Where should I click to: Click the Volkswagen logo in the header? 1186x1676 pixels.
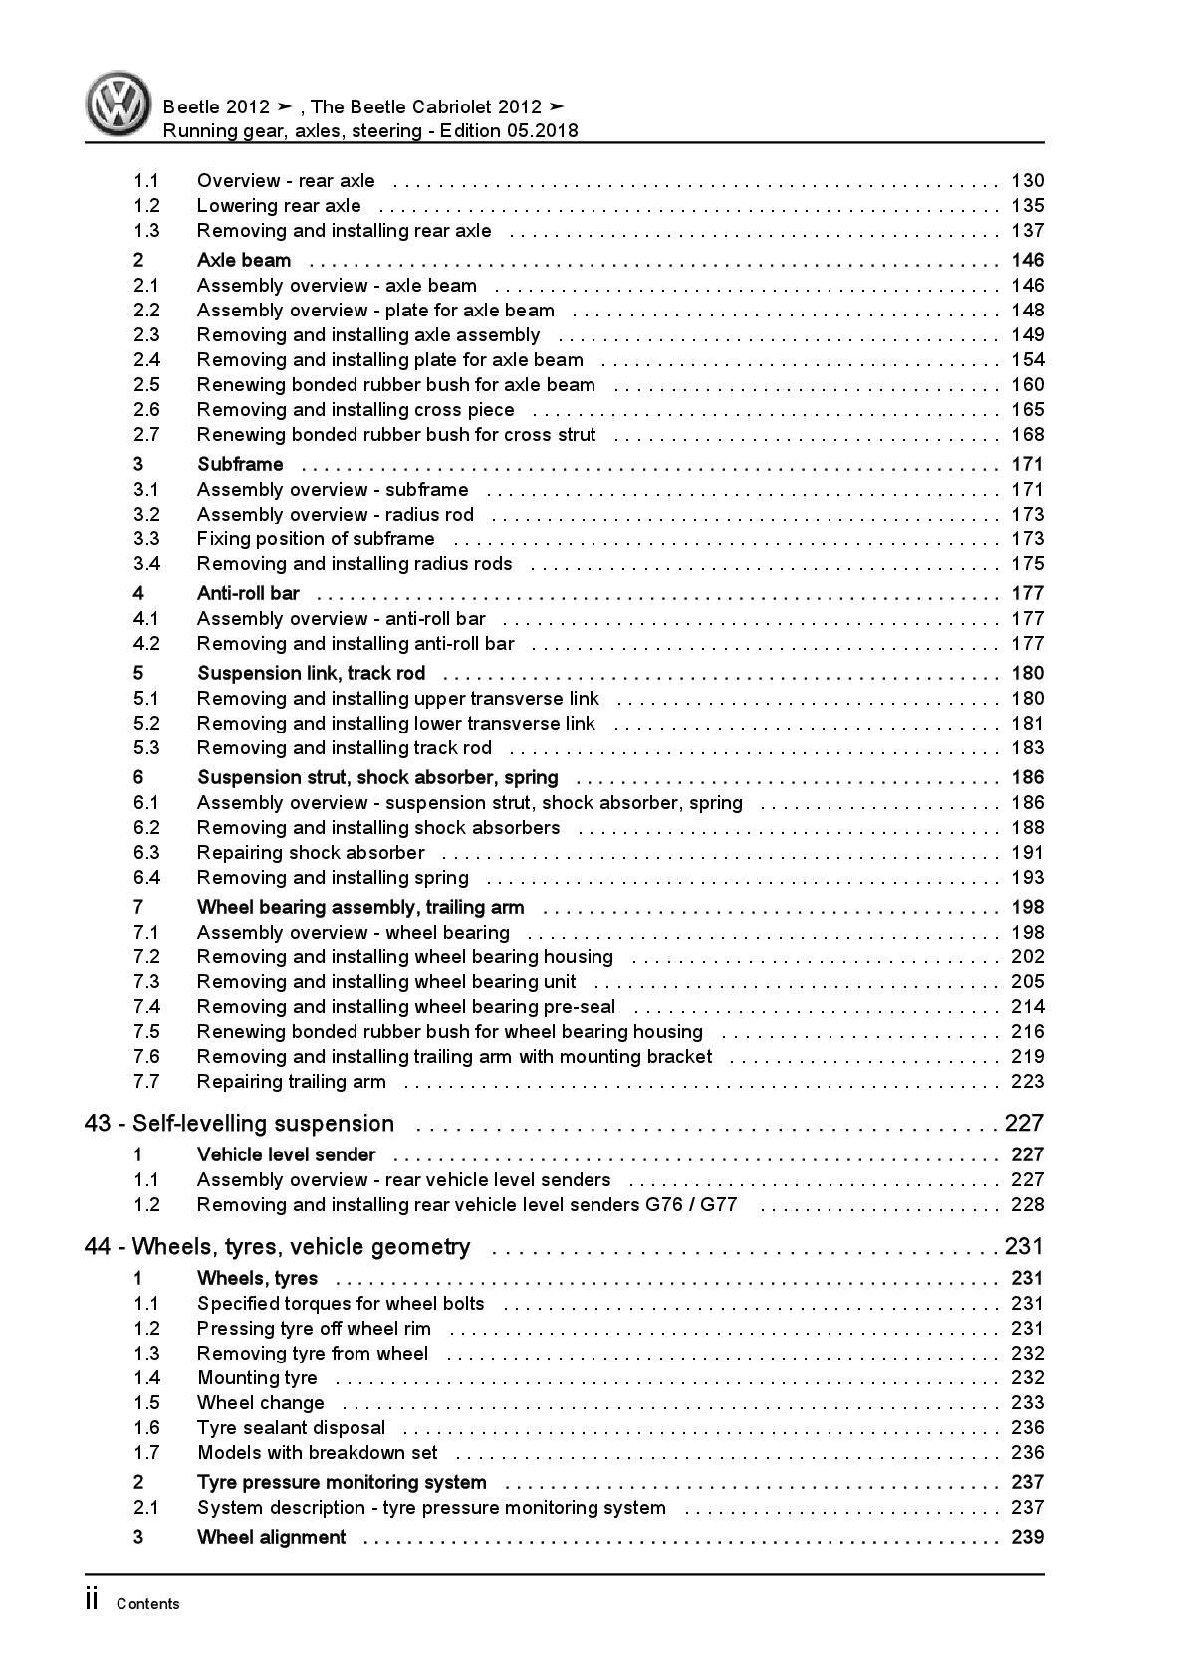[119, 105]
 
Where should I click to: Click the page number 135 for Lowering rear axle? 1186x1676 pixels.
[1027, 206]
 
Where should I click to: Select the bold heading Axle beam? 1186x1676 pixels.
[244, 261]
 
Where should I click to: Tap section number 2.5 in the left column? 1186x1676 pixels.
[146, 385]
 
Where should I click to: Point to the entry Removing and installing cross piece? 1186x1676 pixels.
[356, 410]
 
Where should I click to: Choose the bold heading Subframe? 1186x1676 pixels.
[240, 465]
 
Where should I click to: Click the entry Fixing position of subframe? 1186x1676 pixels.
[316, 539]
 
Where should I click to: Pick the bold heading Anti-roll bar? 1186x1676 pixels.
[248, 594]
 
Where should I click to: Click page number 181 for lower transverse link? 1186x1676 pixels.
[1027, 724]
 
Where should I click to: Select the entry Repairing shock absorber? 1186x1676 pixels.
[311, 853]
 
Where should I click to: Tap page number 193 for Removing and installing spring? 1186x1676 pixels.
[1027, 878]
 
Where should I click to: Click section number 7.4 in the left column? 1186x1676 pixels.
[146, 1007]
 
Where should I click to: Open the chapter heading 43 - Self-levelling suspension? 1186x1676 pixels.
[240, 1124]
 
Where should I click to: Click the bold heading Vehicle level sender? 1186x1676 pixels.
[287, 1155]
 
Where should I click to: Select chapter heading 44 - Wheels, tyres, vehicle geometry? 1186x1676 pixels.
[278, 1247]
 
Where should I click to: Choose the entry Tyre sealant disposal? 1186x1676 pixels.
[291, 1428]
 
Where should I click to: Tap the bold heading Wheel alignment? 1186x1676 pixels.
[272, 1538]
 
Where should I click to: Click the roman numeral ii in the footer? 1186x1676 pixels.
[92, 1601]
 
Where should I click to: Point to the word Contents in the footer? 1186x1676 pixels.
[148, 1604]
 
